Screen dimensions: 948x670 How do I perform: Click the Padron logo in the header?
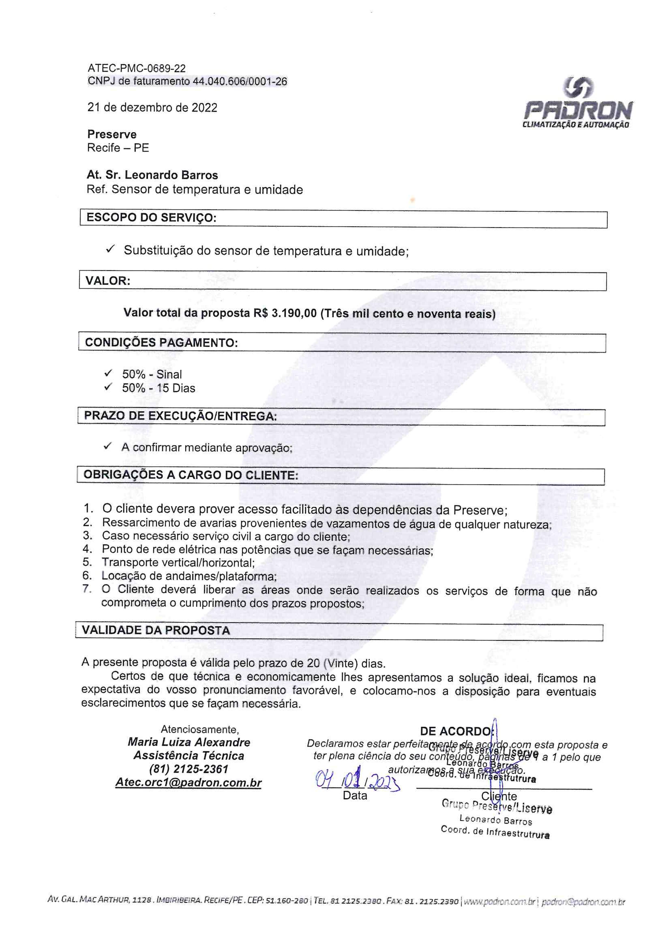pos(578,104)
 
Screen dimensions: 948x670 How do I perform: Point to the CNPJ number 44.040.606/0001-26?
pos(240,81)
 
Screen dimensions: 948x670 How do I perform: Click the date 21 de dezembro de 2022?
pos(152,108)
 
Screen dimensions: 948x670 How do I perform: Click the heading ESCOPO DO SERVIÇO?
pos(151,218)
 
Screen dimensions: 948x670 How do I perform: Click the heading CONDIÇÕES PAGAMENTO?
pos(161,343)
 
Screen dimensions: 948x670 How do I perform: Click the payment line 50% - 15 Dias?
pos(159,388)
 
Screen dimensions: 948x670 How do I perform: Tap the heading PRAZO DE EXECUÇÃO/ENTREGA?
pos(180,416)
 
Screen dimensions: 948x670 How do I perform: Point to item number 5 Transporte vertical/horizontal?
pos(178,562)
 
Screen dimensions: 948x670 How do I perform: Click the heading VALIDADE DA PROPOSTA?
pos(156,631)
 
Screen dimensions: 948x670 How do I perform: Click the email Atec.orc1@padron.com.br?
pos(188,783)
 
